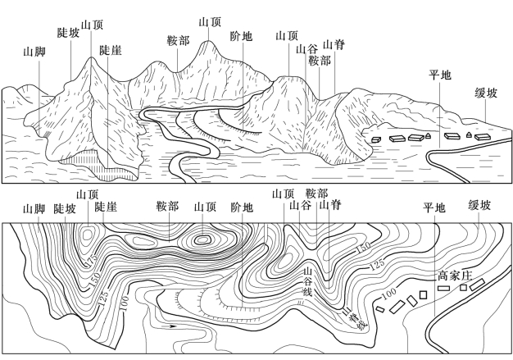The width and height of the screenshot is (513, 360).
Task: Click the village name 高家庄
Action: click(452, 276)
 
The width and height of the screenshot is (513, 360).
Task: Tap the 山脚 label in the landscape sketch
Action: click(34, 51)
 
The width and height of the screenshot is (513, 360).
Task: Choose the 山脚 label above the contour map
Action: click(34, 208)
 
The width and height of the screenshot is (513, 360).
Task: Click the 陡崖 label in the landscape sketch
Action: click(110, 51)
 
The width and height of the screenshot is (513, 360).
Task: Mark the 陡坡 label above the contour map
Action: click(65, 208)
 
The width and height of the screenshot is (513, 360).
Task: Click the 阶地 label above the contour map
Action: click(243, 208)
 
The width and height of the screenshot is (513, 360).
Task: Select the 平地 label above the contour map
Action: click(434, 208)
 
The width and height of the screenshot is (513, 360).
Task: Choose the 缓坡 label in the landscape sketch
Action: click(485, 93)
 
